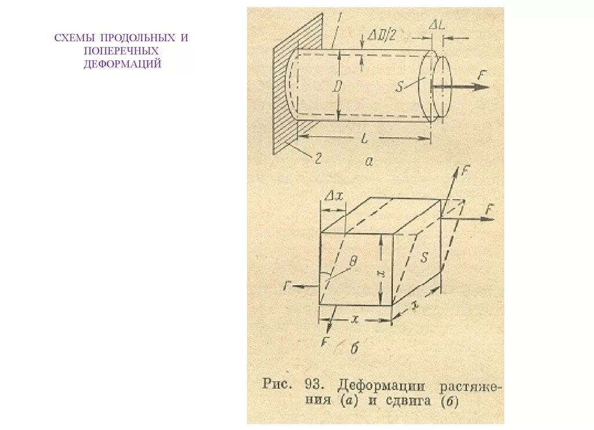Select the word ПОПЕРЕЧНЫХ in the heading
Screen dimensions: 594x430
(121, 51)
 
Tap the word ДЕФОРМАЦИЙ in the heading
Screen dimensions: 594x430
(122, 64)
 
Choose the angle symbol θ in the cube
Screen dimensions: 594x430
(354, 261)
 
